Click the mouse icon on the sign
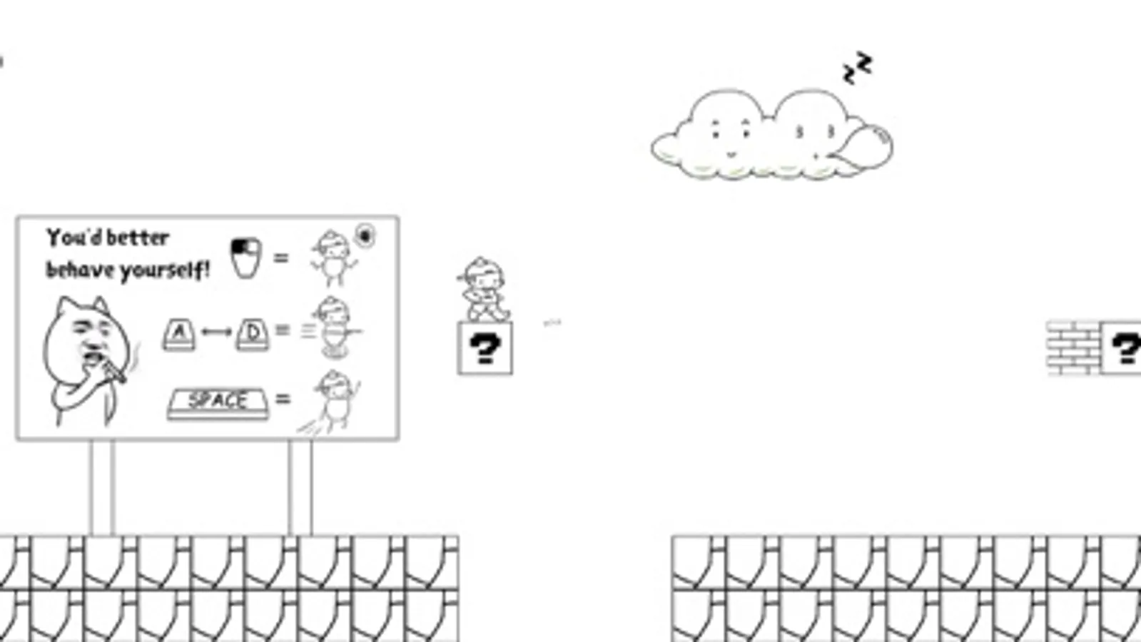[x=246, y=257]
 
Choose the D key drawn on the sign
[x=253, y=333]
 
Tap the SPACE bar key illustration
[x=218, y=402]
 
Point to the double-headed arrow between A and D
[x=216, y=332]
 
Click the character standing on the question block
[x=483, y=290]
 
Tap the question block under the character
[x=485, y=348]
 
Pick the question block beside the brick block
[x=1122, y=348]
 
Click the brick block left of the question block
[x=1073, y=348]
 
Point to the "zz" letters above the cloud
[x=857, y=68]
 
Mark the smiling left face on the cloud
[x=731, y=136]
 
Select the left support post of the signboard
[x=102, y=487]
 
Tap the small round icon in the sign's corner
[x=365, y=235]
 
